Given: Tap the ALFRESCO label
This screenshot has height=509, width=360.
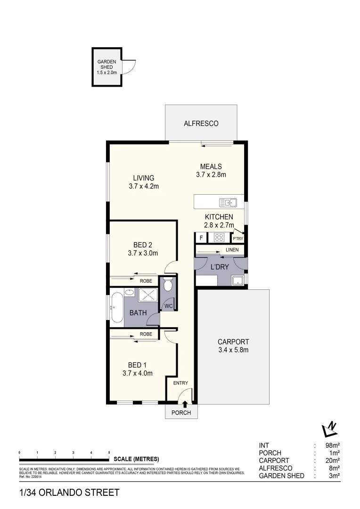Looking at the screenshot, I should click(x=201, y=123).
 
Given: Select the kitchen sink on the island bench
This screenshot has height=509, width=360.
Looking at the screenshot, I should click(x=228, y=203).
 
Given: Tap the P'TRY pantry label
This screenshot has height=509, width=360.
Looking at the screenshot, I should click(x=237, y=238).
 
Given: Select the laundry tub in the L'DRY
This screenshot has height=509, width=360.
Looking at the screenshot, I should click(x=238, y=281).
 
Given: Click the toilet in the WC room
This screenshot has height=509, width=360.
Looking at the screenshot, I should click(x=167, y=286).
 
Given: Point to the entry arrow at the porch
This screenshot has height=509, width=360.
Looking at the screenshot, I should click(x=185, y=403).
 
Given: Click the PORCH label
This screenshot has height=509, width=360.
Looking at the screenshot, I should click(x=181, y=413).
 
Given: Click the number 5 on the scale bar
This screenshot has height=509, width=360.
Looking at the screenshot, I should click(x=109, y=452).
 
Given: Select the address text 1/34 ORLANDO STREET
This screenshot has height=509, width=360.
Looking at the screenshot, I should click(x=69, y=493).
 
